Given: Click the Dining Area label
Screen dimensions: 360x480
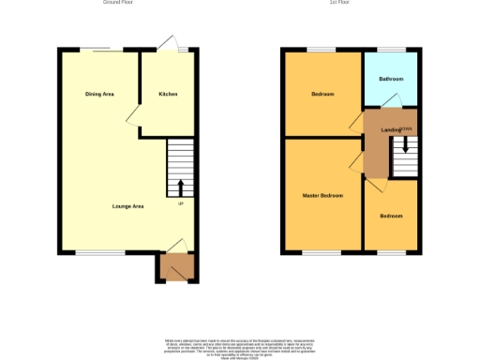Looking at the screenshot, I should [99, 94].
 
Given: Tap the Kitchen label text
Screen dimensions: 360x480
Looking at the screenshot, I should [168, 94].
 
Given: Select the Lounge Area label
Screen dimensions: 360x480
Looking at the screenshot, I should [127, 205].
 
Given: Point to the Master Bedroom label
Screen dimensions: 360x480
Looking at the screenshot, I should [322, 195].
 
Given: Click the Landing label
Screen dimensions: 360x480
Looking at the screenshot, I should [390, 129].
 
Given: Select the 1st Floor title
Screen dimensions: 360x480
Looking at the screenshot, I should [339, 3].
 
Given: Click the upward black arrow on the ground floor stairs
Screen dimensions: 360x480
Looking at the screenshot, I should [180, 187].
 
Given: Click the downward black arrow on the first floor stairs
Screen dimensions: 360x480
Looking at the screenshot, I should [405, 145].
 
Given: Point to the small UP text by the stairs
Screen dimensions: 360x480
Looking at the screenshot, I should [180, 204].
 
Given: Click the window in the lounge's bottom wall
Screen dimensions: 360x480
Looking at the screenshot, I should [94, 252].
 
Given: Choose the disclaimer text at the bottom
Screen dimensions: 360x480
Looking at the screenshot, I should [240, 346].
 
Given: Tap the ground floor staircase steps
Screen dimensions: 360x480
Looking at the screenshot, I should [180, 165].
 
